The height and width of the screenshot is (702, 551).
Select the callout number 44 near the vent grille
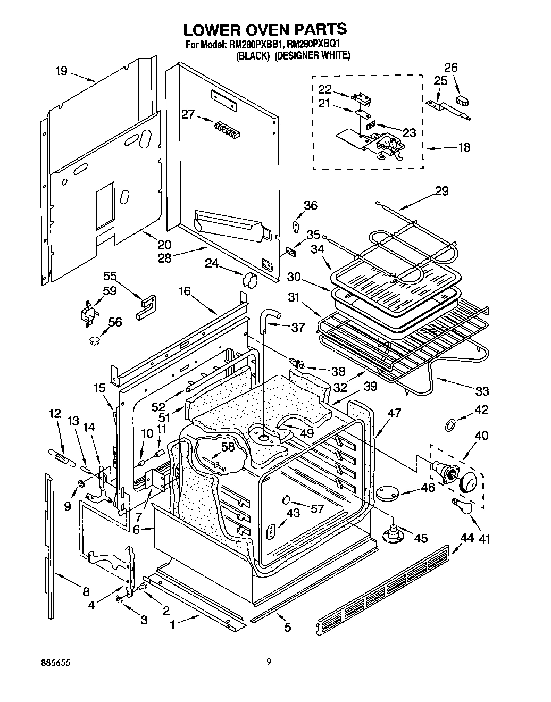[x=466, y=538]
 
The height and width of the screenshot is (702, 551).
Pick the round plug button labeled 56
[x=95, y=339]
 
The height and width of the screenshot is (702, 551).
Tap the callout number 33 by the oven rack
[x=482, y=392]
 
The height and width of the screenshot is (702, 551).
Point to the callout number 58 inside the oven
[x=228, y=447]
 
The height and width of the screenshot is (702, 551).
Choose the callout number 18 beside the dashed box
[x=464, y=147]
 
